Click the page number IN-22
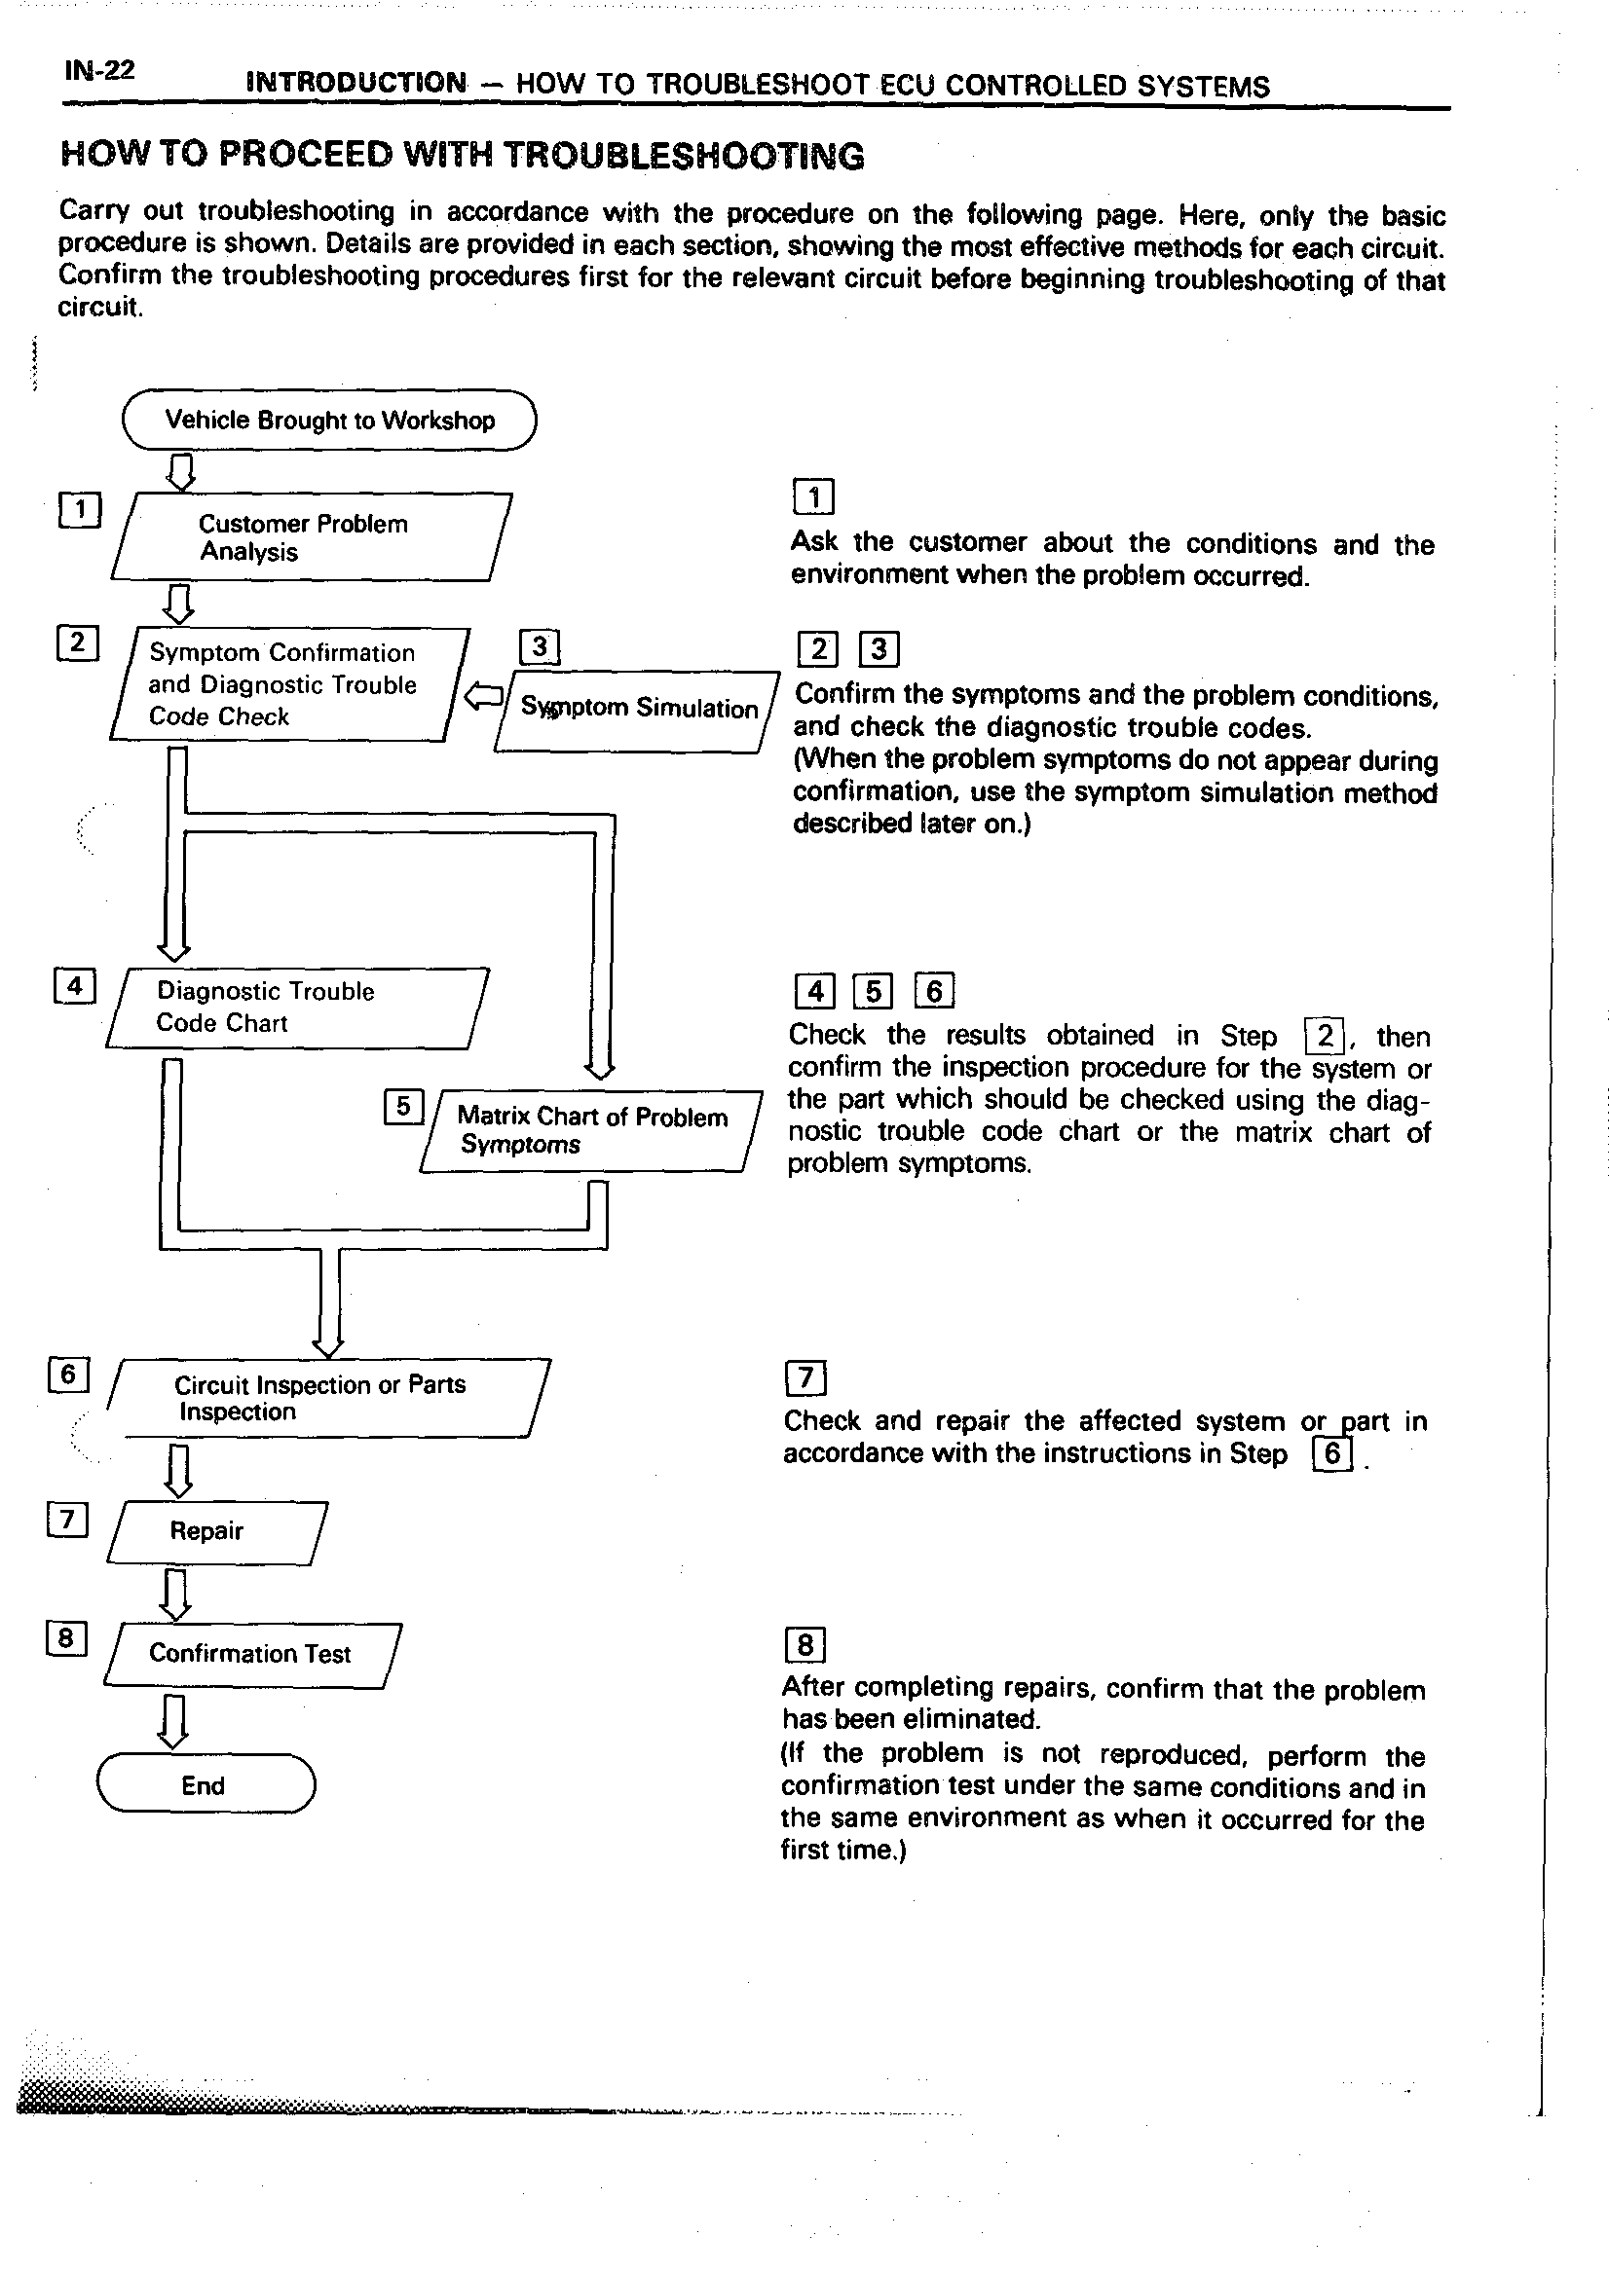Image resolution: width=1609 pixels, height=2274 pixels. pyautogui.click(x=99, y=71)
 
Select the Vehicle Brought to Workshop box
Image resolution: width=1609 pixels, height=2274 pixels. pyautogui.click(x=329, y=420)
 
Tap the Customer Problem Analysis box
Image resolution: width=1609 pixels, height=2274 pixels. pyautogui.click(x=311, y=536)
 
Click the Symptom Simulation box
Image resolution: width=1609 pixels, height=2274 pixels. pyautogui.click(x=637, y=709)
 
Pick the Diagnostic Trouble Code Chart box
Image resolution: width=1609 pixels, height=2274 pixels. pyautogui.click(x=296, y=1008)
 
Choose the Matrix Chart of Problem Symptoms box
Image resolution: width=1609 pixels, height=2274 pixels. pyautogui.click(x=591, y=1131)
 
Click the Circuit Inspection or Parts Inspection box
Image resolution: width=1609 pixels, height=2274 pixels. pyautogui.click(x=328, y=1398)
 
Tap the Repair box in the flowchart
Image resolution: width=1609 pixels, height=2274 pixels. pyautogui.click(x=216, y=1531)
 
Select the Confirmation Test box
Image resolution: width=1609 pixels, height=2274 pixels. pyautogui.click(x=251, y=1654)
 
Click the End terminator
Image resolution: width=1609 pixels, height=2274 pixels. pyautogui.click(x=206, y=1784)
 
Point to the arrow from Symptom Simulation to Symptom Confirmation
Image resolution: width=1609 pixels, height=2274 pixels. pyautogui.click(x=483, y=696)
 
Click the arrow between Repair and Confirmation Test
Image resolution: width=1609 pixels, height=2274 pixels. pyautogui.click(x=176, y=1594)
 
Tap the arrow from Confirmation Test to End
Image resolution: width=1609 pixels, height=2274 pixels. pyautogui.click(x=173, y=1720)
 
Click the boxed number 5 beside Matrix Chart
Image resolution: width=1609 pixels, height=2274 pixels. pyautogui.click(x=403, y=1106)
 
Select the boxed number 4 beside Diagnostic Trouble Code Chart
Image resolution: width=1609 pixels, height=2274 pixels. pyautogui.click(x=74, y=986)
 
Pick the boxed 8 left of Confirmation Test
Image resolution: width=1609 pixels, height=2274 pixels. pyautogui.click(x=66, y=1639)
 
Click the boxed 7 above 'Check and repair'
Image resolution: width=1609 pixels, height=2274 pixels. pyautogui.click(x=804, y=1377)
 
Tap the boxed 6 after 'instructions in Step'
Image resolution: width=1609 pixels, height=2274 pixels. pyautogui.click(x=1331, y=1453)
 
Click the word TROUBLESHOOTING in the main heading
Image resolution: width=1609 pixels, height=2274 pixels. pyautogui.click(x=684, y=156)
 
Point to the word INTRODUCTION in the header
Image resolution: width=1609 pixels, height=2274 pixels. pyautogui.click(x=355, y=82)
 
